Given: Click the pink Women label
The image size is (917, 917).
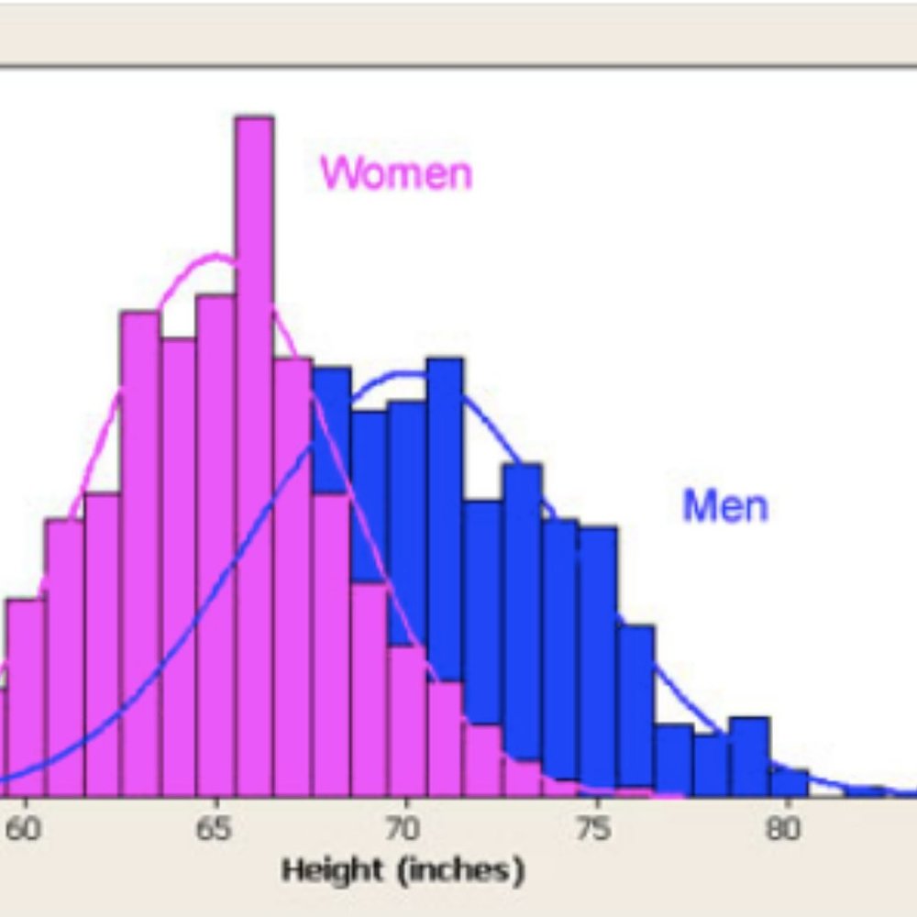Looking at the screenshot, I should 396,171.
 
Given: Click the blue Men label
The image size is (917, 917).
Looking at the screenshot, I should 724,504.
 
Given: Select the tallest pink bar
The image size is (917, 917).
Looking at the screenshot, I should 254,458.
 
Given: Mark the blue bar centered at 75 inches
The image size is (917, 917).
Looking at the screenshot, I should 597,660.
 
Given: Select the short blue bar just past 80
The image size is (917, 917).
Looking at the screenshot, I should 788,782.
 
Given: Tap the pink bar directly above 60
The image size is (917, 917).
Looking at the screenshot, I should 27,697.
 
